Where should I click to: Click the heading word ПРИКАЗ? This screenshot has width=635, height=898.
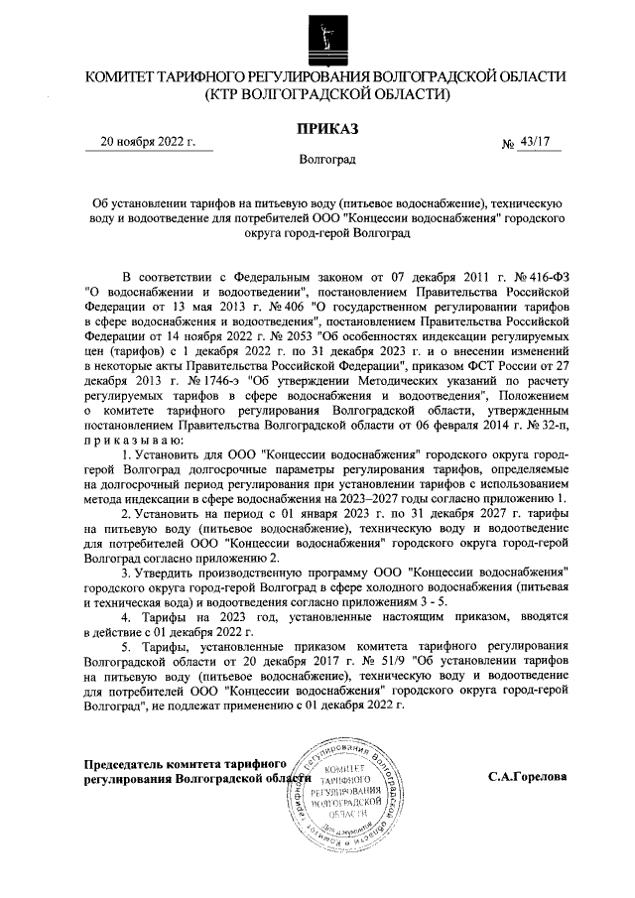pos(326,126)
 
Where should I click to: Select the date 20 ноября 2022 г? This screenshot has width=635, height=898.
pos(149,142)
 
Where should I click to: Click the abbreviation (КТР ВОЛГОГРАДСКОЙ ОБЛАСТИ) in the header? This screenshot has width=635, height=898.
pos(326,95)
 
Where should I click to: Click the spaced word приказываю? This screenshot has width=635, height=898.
pos(131,449)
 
